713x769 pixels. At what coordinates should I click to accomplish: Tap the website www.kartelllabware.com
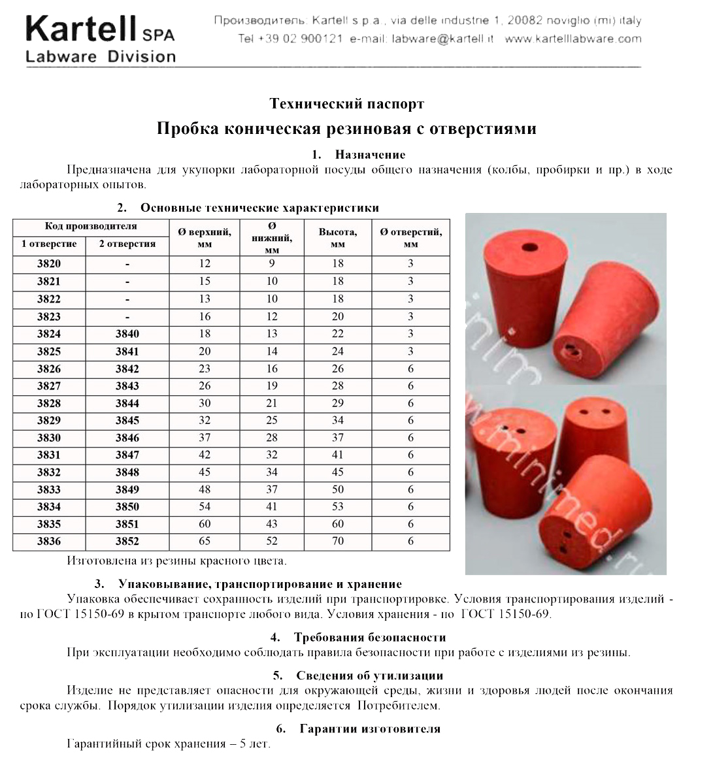click(x=573, y=39)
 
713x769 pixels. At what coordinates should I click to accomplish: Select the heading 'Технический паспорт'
click(x=347, y=104)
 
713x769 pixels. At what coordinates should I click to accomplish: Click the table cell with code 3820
click(x=49, y=264)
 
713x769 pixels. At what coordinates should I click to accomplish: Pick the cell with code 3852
click(x=127, y=541)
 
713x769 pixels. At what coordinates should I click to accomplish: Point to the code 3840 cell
click(x=127, y=334)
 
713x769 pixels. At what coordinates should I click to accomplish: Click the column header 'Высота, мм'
click(x=338, y=238)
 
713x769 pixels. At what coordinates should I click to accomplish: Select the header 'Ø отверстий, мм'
click(x=410, y=238)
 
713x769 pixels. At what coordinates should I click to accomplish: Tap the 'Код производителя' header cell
click(x=91, y=227)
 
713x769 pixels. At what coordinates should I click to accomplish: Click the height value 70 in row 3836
click(x=338, y=541)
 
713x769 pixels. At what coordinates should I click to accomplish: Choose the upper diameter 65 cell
click(x=205, y=541)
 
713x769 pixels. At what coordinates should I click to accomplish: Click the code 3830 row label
click(x=49, y=438)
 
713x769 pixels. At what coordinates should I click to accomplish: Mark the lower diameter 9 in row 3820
click(x=272, y=264)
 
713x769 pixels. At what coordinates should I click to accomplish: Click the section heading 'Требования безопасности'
click(x=369, y=638)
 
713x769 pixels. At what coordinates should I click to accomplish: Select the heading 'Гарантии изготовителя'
click(x=369, y=728)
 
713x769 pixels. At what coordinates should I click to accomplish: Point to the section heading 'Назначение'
click(x=370, y=155)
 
